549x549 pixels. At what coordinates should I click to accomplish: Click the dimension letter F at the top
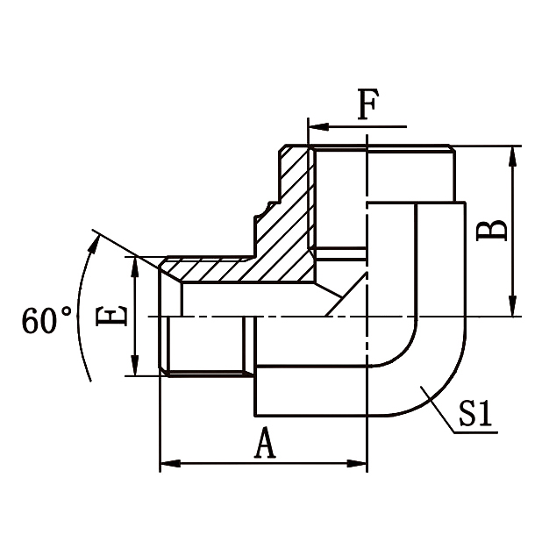367,107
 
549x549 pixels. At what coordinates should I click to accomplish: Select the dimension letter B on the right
494,231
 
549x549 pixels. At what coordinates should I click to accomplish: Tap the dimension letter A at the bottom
264,445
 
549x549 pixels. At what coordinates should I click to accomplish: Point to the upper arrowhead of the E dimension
135,266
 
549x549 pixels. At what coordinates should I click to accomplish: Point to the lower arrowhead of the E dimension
135,367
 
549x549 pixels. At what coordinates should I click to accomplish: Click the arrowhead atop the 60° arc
93,239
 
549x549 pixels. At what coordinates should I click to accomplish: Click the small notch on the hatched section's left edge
260,211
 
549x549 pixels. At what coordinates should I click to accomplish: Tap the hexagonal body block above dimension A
307,389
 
